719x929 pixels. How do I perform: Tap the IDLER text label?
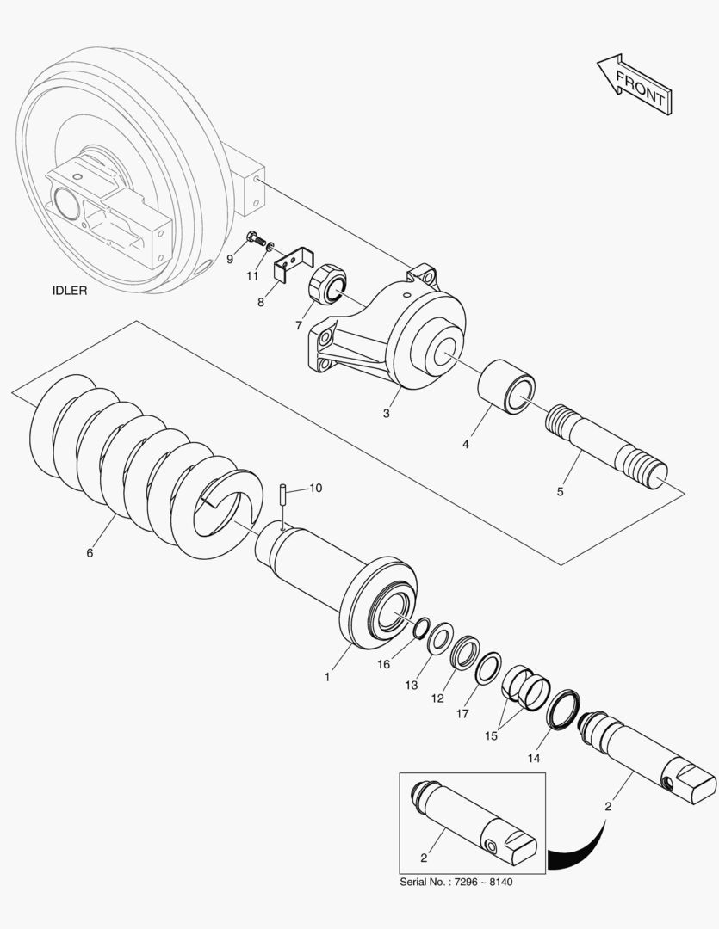(x=70, y=291)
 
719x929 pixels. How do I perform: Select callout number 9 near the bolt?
(x=230, y=258)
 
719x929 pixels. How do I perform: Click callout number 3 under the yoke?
(x=387, y=414)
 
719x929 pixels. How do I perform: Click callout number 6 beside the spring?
(x=90, y=552)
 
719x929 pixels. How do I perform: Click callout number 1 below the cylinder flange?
(x=327, y=677)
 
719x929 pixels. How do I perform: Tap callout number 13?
(x=412, y=685)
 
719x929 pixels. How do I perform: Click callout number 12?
(x=437, y=698)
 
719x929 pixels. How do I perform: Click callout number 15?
(x=492, y=736)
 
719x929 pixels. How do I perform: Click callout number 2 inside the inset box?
(x=423, y=857)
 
